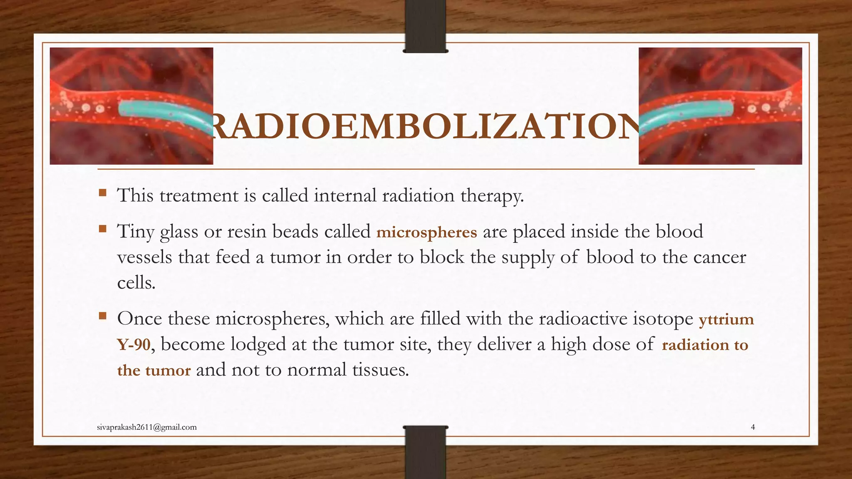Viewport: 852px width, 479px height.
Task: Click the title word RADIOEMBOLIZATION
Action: [426, 126]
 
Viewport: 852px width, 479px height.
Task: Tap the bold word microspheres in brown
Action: [426, 232]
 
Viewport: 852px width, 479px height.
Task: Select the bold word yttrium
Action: [726, 319]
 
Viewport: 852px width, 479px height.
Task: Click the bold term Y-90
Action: [133, 345]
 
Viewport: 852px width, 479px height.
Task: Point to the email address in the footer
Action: [146, 427]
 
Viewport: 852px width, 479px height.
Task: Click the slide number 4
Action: [753, 427]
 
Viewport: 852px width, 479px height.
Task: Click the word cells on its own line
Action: [136, 283]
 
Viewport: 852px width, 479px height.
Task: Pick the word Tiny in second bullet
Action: [136, 232]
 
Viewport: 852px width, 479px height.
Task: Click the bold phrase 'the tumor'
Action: [154, 370]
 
